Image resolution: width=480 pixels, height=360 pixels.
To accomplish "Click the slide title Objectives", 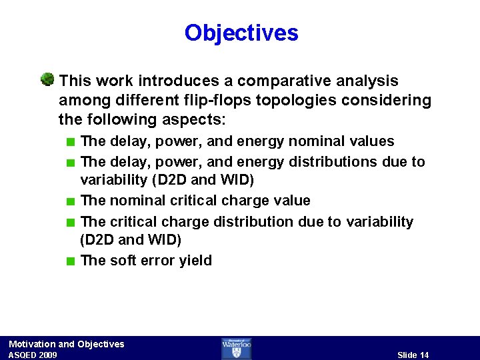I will coord(241,33).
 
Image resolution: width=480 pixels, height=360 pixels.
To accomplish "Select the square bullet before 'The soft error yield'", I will coord(71,261).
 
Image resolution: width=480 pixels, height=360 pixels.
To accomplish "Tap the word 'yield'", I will coord(195,261).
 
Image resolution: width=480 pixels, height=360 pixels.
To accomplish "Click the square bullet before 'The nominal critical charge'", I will coord(71,201).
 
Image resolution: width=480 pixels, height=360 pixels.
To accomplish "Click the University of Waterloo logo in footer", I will coord(236,348).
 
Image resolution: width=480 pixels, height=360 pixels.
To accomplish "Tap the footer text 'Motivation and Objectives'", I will coord(66,344).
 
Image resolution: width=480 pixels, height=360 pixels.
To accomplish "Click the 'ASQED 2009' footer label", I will coord(33,355).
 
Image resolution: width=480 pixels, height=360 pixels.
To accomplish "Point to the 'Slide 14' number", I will coord(413,355).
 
